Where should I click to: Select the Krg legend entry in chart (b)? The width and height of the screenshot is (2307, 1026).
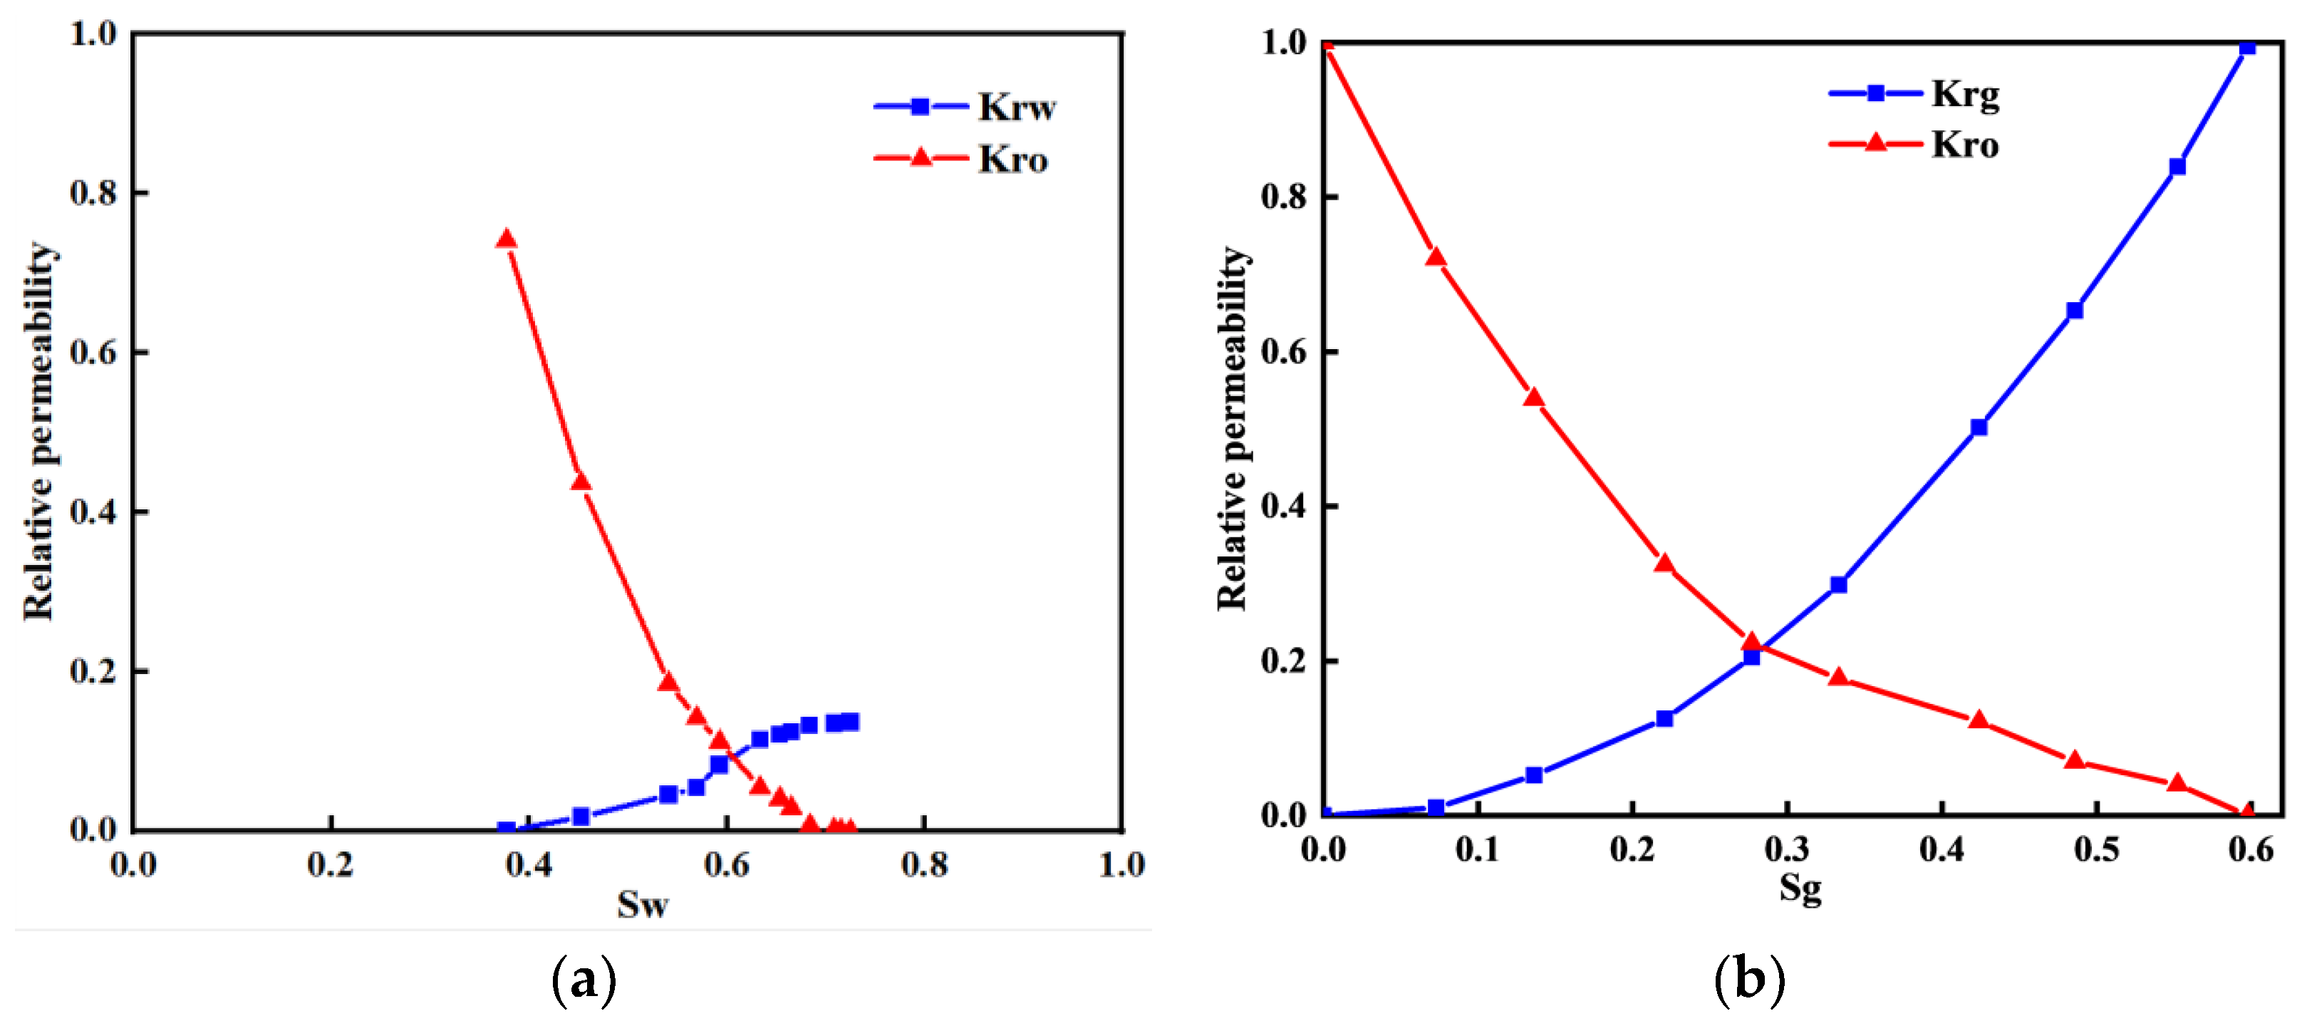[1964, 93]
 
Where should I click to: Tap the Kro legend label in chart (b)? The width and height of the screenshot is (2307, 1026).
[1964, 144]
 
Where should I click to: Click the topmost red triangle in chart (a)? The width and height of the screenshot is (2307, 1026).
[506, 239]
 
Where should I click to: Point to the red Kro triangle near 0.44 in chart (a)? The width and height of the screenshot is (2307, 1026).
[581, 482]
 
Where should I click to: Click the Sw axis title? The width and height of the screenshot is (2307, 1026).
[642, 904]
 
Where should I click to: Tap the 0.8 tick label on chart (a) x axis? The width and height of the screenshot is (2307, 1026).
[923, 864]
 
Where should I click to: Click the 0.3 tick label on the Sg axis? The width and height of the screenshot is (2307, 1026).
[1787, 848]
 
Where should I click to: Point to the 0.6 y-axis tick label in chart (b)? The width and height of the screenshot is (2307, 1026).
[1283, 352]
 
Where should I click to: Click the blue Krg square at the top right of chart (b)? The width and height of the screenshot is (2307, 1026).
[2246, 46]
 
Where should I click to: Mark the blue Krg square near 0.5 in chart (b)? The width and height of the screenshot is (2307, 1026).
[1979, 427]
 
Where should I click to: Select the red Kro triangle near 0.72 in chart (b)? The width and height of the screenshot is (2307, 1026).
[1436, 258]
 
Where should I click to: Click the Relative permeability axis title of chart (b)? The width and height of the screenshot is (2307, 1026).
[1233, 428]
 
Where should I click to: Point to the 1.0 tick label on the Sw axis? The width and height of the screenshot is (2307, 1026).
[1121, 864]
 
